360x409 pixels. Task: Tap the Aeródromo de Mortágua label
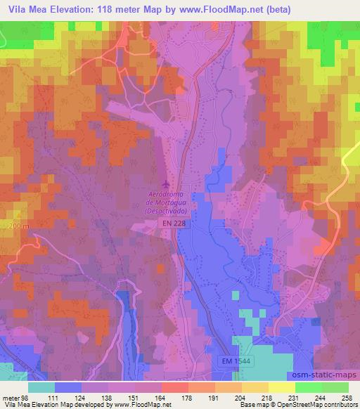(x=167, y=201)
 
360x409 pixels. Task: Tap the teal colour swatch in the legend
(x=41, y=387)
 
